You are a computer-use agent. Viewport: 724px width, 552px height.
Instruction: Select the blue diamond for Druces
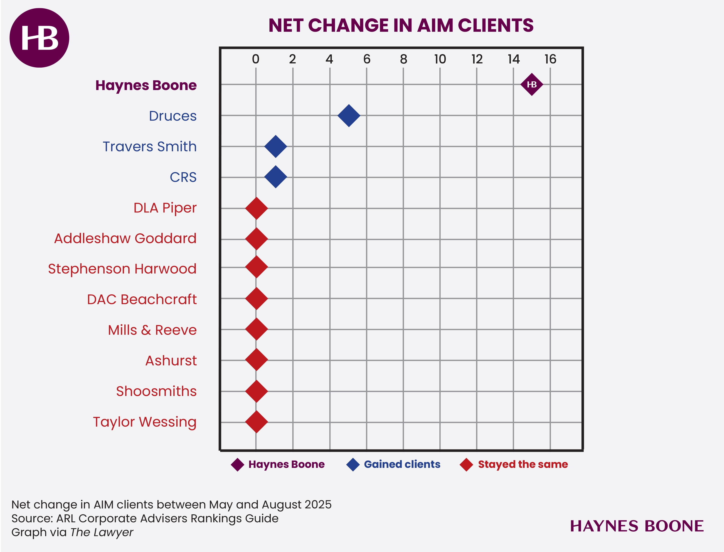click(349, 116)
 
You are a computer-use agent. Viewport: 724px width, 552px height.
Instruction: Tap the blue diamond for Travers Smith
click(276, 146)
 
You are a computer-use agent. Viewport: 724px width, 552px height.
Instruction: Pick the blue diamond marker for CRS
click(276, 177)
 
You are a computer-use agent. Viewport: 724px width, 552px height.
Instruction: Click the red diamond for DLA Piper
click(256, 208)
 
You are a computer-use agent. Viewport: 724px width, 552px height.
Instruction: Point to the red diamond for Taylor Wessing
click(256, 422)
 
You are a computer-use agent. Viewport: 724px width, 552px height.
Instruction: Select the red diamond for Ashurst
click(256, 360)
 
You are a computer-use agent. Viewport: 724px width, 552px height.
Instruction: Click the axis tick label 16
click(550, 59)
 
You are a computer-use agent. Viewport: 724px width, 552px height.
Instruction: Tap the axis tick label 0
click(256, 59)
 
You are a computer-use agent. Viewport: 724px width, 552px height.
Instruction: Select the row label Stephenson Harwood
click(122, 269)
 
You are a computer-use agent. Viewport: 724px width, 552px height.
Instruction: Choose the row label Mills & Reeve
click(152, 330)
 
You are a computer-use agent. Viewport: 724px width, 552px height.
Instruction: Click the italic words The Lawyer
click(102, 532)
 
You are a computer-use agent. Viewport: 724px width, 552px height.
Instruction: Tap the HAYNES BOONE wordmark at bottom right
click(637, 526)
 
